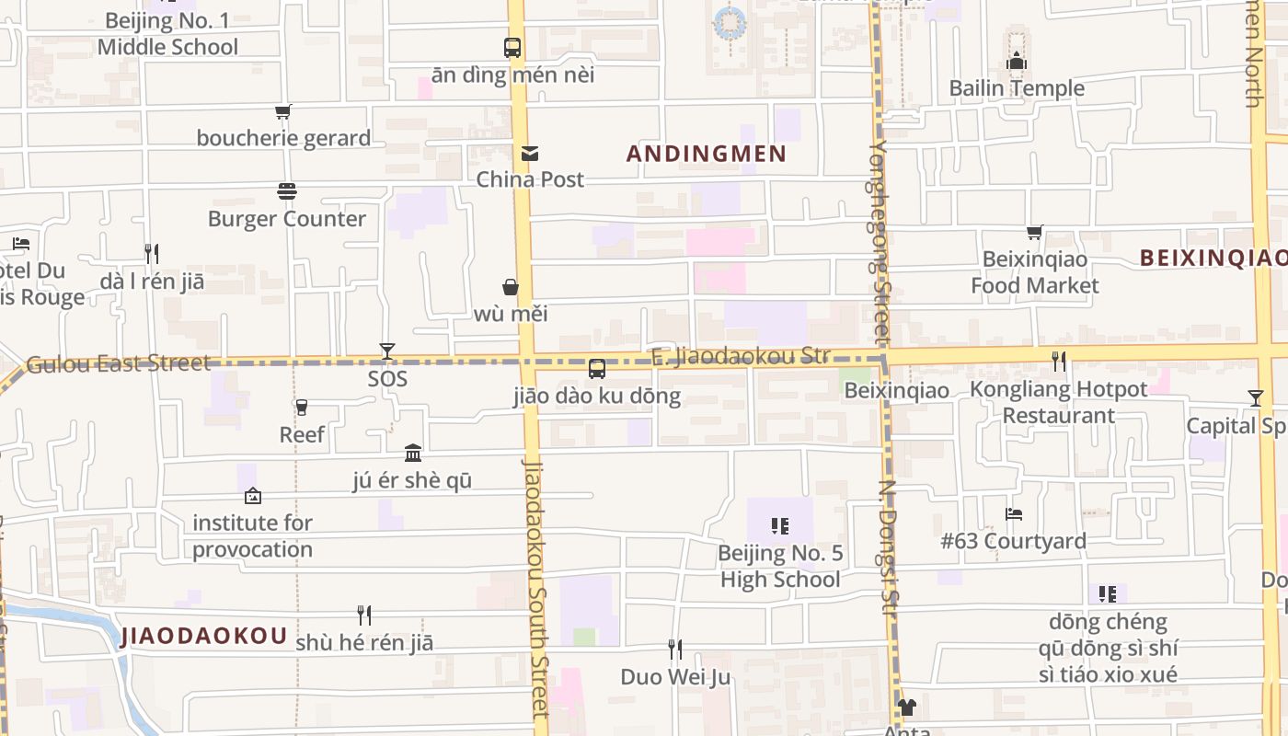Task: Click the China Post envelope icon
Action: coord(530,154)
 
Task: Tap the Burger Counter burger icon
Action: coord(287,191)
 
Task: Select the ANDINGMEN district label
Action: coord(707,154)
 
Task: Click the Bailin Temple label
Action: coord(1017,88)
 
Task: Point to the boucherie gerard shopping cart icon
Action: coord(283,112)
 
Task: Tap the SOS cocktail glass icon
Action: coord(387,351)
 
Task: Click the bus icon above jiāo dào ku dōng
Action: coord(597,369)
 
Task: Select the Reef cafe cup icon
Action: coord(301,407)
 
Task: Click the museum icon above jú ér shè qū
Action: coord(413,454)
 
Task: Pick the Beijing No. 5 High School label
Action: coord(780,567)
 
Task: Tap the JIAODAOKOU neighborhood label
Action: coord(203,636)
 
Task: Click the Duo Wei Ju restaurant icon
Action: coord(675,650)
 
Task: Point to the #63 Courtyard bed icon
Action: coord(1014,514)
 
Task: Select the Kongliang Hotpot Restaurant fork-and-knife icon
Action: coord(1059,362)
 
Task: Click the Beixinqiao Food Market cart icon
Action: coord(1035,233)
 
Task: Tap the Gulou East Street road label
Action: coord(119,363)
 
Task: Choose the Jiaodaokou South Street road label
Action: coord(535,589)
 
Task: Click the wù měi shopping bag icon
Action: coord(511,288)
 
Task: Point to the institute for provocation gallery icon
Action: coord(253,497)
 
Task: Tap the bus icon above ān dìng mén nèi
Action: coord(512,48)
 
